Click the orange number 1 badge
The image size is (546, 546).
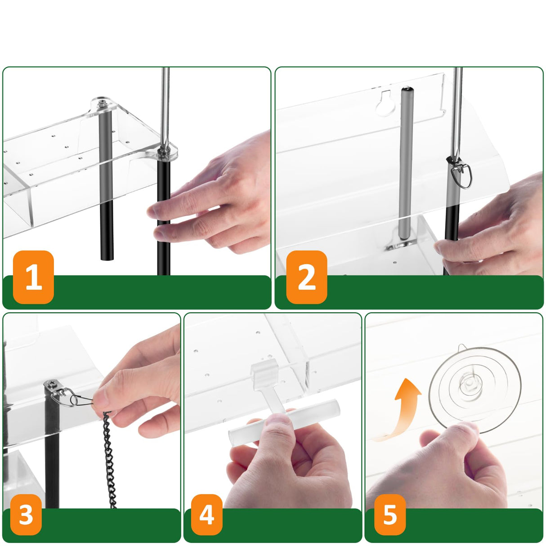33,277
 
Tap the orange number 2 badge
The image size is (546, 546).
306,277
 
